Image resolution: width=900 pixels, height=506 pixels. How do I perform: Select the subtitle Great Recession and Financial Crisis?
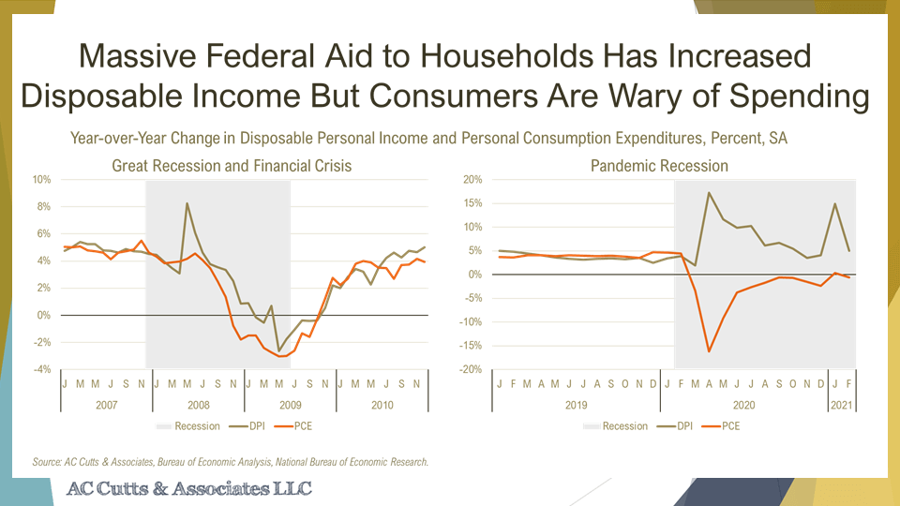click(x=232, y=166)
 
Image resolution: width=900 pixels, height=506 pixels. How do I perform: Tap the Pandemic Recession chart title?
click(x=659, y=166)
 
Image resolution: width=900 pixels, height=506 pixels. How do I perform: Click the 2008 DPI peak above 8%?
click(x=187, y=203)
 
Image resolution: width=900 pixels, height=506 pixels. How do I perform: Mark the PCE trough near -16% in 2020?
click(x=709, y=352)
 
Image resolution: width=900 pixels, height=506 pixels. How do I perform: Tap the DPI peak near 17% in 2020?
click(x=709, y=193)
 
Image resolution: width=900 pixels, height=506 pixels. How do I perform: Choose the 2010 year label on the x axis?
click(x=382, y=405)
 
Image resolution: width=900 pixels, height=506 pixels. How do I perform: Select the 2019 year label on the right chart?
click(x=576, y=405)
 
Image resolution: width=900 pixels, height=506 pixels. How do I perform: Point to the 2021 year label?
click(x=841, y=405)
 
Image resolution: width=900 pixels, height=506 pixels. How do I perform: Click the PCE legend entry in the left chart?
click(x=297, y=426)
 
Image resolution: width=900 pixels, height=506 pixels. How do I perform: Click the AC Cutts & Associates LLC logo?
click(x=188, y=489)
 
